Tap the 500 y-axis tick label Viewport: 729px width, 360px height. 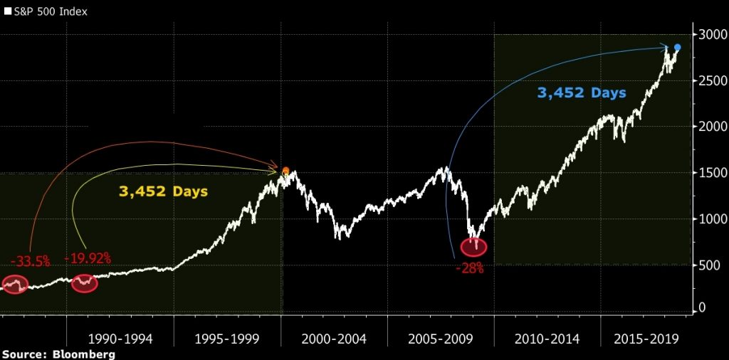click(710, 265)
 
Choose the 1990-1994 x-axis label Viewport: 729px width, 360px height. click(120, 339)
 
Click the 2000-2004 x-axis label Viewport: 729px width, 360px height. click(333, 339)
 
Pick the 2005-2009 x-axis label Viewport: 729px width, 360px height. click(440, 339)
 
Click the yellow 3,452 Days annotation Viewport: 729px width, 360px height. click(163, 191)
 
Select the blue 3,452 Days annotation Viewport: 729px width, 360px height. click(582, 92)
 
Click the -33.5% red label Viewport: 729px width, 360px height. click(30, 262)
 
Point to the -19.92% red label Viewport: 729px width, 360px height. click(88, 258)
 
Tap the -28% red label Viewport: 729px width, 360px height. click(470, 268)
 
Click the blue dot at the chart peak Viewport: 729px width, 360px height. click(678, 48)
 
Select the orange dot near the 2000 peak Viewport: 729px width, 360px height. click(286, 171)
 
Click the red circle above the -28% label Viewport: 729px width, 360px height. click(473, 247)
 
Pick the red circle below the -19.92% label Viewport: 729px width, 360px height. click(85, 284)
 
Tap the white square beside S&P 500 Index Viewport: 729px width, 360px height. click(8, 12)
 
